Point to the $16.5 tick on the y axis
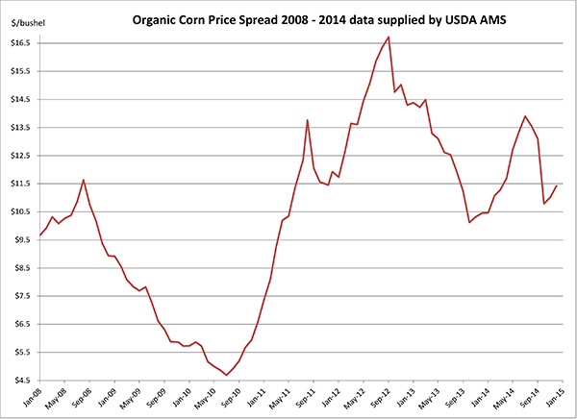click(x=23, y=43)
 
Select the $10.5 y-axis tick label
click(x=23, y=211)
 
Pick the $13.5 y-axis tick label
click(x=23, y=128)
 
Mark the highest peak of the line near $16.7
click(x=388, y=37)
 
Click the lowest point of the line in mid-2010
click(x=226, y=375)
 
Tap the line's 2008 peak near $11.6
click(x=84, y=180)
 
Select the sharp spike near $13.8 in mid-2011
click(x=307, y=120)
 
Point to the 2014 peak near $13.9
click(x=525, y=116)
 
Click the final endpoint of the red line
click(x=557, y=185)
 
